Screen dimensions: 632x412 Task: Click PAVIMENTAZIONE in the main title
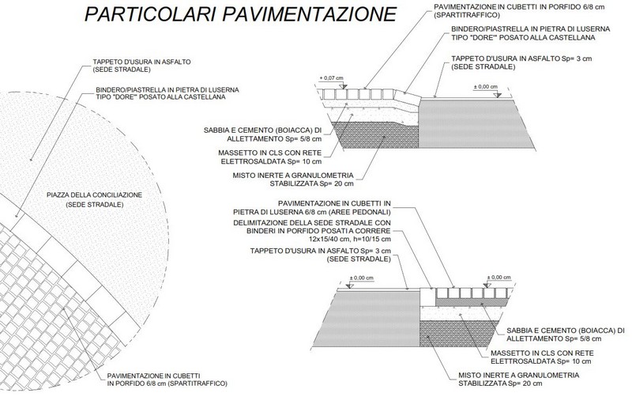(x=310, y=13)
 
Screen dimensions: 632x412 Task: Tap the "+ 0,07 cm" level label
(x=331, y=77)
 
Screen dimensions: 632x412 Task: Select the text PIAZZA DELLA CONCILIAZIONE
(x=94, y=195)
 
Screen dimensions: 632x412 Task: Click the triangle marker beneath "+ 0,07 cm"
(x=343, y=86)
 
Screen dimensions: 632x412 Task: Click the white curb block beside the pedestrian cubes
(x=427, y=297)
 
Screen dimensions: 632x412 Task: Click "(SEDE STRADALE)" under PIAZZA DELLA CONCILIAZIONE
(x=94, y=205)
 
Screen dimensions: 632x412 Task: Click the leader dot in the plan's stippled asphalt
(x=30, y=161)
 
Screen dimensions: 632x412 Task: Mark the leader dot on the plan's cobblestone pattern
(x=64, y=308)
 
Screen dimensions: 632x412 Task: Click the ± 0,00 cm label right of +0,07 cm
(x=485, y=87)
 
